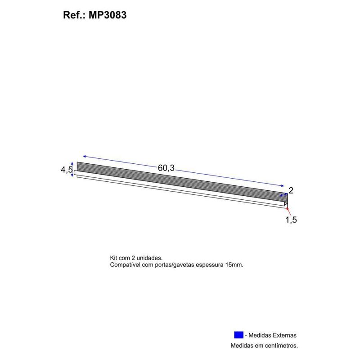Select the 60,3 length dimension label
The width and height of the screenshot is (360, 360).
(166, 168)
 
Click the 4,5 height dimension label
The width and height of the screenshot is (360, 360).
(67, 170)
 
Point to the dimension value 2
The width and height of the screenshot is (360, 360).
(291, 190)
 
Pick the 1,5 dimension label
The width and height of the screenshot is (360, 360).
(291, 220)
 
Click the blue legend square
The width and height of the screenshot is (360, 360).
(238, 335)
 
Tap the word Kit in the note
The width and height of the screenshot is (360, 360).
(114, 258)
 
